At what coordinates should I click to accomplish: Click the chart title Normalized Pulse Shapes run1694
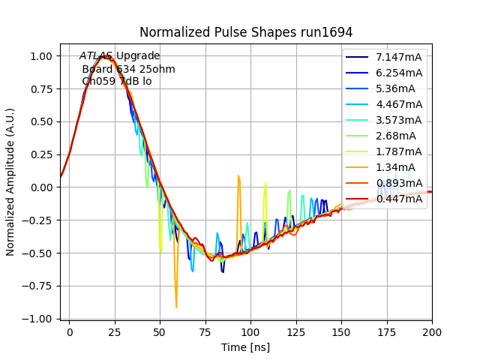tap(246, 32)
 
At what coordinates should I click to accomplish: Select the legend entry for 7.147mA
tap(399, 57)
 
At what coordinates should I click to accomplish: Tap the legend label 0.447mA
tap(399, 199)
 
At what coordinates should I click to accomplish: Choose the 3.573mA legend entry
tap(399, 120)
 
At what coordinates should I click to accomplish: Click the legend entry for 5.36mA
tap(396, 88)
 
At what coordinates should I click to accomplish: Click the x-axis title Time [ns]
tap(246, 347)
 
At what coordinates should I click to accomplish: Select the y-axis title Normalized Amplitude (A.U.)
tap(10, 184)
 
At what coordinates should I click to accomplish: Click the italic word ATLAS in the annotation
tap(96, 56)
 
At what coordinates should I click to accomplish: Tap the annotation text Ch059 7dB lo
tap(117, 81)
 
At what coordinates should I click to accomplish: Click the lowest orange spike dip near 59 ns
tap(176, 307)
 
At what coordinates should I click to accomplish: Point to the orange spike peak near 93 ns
tap(238, 176)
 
